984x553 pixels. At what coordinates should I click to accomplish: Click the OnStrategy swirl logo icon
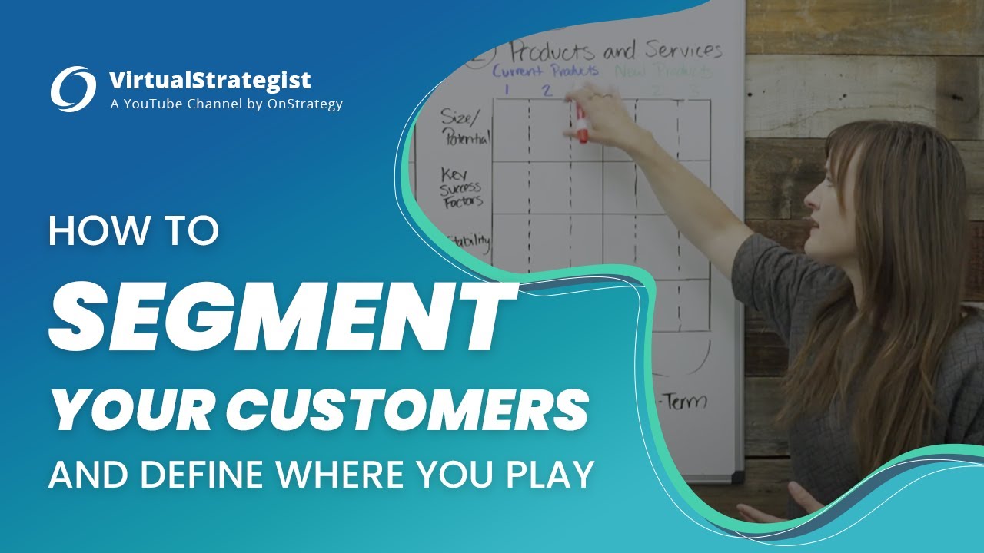(73, 88)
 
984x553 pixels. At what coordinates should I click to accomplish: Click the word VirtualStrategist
(210, 80)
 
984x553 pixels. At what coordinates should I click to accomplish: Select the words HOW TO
(134, 231)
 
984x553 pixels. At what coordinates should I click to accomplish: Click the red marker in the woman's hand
(581, 127)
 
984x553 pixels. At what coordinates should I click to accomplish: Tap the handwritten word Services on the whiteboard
(683, 51)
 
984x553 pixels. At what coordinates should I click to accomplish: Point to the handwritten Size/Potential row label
(465, 127)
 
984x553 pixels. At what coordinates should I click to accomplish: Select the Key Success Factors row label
(462, 189)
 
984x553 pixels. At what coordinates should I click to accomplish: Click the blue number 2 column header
(547, 90)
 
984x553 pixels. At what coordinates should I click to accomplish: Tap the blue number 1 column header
(507, 90)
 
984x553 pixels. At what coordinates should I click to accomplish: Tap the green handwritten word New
(630, 71)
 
